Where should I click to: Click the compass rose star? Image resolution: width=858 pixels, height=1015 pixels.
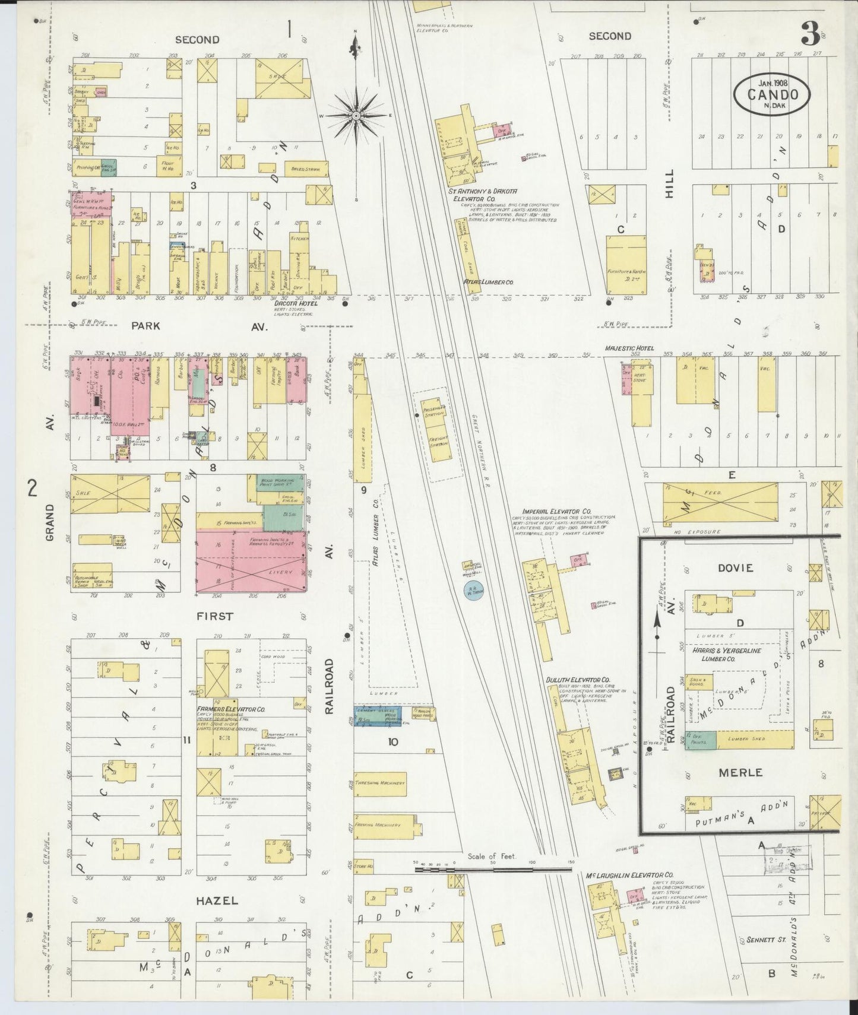(x=356, y=114)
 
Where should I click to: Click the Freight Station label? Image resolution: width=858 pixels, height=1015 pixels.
(x=438, y=442)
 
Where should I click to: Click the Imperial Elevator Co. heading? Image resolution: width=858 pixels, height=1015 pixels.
(x=556, y=510)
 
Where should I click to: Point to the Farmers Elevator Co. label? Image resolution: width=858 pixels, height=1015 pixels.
(x=236, y=709)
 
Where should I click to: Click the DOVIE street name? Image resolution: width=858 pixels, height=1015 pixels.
(x=735, y=567)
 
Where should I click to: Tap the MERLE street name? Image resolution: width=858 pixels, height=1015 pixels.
(x=740, y=772)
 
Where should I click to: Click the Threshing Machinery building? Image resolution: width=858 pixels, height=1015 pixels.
(x=381, y=783)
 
